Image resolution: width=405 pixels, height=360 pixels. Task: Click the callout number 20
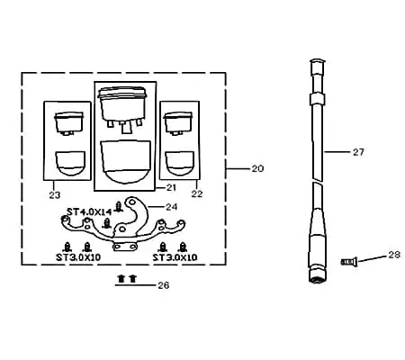(x=257, y=168)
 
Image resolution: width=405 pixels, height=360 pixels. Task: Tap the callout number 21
(x=171, y=188)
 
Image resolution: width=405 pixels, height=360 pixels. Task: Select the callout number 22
(x=197, y=193)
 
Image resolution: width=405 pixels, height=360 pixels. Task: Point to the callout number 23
(x=55, y=195)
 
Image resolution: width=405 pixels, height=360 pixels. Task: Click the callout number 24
(x=171, y=207)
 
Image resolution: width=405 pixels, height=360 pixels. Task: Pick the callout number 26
(x=164, y=285)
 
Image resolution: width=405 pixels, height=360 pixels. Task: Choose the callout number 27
(x=358, y=152)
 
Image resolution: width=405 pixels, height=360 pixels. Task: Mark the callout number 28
(x=394, y=255)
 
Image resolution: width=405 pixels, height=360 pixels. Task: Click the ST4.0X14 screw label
(x=89, y=212)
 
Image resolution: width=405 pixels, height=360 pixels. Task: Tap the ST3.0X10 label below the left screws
(x=78, y=257)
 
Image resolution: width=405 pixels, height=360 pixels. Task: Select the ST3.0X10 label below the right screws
(x=175, y=257)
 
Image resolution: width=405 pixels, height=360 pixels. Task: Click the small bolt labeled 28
(x=349, y=262)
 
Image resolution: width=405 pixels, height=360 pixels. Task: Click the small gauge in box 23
(x=68, y=123)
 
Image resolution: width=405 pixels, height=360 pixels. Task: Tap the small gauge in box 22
(x=178, y=123)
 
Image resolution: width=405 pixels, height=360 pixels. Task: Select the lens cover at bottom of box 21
(x=125, y=161)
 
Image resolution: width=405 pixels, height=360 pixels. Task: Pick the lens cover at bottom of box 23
(x=70, y=163)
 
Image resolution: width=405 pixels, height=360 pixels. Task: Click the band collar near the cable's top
(x=318, y=99)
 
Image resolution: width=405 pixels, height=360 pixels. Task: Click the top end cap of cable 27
(x=318, y=65)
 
